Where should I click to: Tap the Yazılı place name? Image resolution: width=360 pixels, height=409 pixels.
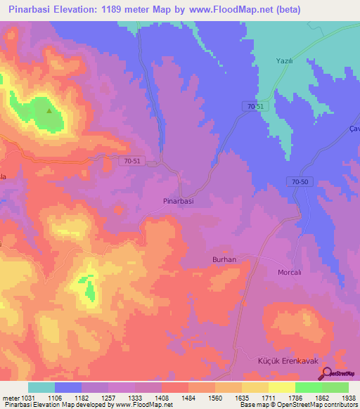pos(283,61)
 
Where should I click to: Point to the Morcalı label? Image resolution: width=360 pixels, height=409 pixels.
pos(290,272)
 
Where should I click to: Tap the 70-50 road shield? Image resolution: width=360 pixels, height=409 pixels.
pos(300,182)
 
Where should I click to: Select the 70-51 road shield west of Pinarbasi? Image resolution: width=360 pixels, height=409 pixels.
pos(131,161)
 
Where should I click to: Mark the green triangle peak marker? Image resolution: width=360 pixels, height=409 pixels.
pos(49,110)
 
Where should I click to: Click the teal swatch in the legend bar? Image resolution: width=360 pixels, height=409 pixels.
pos(41,387)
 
